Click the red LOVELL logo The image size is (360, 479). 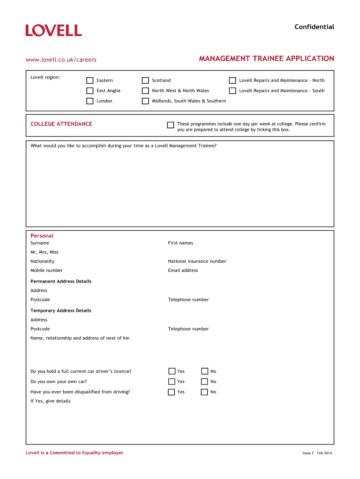pos(54,30)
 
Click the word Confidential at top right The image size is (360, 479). pos(314,27)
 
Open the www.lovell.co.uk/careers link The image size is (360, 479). pos(61,59)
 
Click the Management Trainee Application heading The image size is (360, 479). pos(266,58)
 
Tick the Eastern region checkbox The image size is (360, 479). pos(90,80)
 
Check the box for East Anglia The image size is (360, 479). pos(90,91)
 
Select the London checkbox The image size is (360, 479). pos(90,101)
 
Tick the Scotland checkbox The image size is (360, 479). pos(145,80)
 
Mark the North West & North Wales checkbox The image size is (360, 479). pos(145,91)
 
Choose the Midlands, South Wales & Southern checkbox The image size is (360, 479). pos(145,101)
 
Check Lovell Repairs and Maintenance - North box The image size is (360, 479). pos(232,80)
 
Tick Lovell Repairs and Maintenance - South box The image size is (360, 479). pos(232,91)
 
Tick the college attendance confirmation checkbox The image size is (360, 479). pos(171,125)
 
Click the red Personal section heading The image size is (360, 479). pos(42,236)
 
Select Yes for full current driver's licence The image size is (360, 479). pos(172,371)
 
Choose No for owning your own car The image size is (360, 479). pos(204,382)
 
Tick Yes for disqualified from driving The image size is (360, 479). pos(172,392)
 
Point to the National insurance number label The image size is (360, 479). pos(197,261)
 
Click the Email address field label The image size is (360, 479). pos(183,270)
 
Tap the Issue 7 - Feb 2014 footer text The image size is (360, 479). pos(317,453)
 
